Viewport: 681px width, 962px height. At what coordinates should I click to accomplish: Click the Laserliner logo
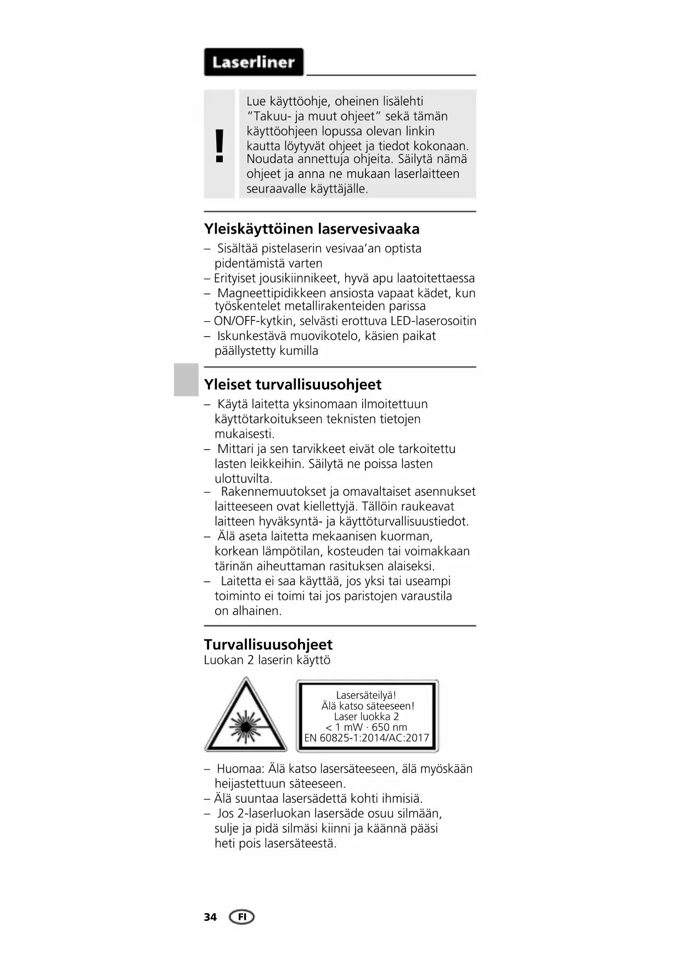tap(254, 62)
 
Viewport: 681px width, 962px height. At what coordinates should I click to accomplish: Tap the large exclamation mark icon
tap(220, 146)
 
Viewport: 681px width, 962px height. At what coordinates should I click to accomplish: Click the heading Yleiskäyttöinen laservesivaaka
tap(312, 229)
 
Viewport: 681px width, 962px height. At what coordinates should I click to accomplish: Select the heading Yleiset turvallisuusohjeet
tap(292, 384)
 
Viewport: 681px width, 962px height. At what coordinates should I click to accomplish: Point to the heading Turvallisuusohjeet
tap(268, 644)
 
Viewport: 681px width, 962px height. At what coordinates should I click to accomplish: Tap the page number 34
tap(210, 917)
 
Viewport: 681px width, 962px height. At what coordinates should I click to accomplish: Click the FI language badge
tap(241, 917)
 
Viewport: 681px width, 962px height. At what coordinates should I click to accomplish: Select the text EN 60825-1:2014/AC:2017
tap(367, 738)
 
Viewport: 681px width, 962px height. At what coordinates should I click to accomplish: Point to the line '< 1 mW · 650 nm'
tap(367, 727)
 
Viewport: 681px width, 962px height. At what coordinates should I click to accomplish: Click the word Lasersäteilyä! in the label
tap(366, 695)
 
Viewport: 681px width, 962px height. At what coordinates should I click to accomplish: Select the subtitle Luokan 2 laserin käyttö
tap(267, 660)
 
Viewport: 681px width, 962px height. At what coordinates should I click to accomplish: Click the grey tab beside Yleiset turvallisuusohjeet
tap(186, 380)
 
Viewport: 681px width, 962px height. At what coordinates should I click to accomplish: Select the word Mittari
tap(235, 449)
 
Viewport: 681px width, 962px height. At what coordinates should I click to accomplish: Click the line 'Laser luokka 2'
tap(366, 716)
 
